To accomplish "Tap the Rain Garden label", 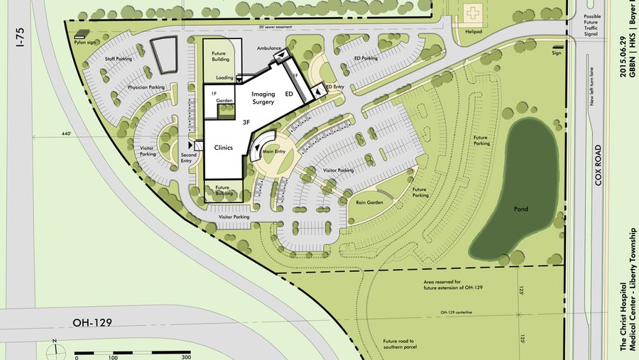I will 371,202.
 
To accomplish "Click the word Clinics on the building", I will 224,148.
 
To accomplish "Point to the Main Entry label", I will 273,151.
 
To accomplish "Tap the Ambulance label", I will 269,48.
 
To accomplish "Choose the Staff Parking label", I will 119,59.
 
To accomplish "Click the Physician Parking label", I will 146,87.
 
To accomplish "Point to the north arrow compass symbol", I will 55,348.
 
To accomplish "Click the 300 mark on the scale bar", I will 186,357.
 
